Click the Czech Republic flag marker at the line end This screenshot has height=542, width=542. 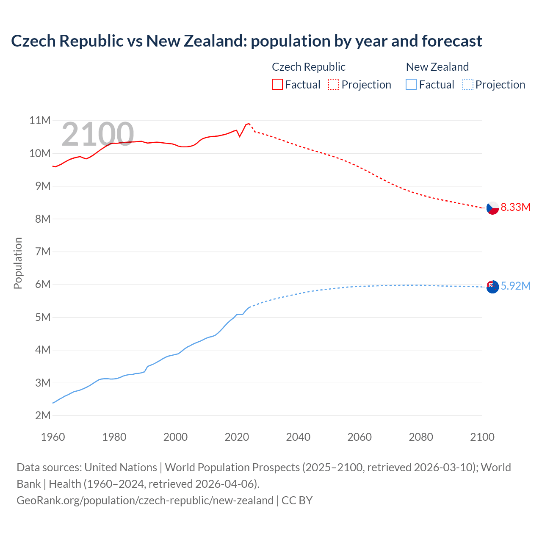(x=492, y=208)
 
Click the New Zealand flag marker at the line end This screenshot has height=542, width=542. (x=492, y=287)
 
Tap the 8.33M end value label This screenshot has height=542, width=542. (x=515, y=207)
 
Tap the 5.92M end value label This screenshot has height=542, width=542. (x=515, y=286)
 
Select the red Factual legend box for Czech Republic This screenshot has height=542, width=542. (x=277, y=84)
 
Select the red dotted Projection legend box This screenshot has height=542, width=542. (x=334, y=84)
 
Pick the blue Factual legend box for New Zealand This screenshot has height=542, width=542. (x=411, y=84)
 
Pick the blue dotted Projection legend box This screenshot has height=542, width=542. (x=467, y=84)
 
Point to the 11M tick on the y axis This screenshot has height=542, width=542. (x=40, y=121)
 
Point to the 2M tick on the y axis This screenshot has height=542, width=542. (x=43, y=415)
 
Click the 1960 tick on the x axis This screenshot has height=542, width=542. (x=53, y=437)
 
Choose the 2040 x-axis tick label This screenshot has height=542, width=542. (x=298, y=437)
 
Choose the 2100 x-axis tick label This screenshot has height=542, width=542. (x=482, y=437)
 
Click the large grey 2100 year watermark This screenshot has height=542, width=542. (x=98, y=134)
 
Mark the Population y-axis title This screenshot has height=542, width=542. (x=18, y=263)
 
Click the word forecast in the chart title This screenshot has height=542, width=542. (x=451, y=41)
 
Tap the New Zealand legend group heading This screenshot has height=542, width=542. (x=437, y=67)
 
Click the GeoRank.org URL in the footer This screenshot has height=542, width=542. (x=145, y=501)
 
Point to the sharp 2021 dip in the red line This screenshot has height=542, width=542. (x=240, y=136)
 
